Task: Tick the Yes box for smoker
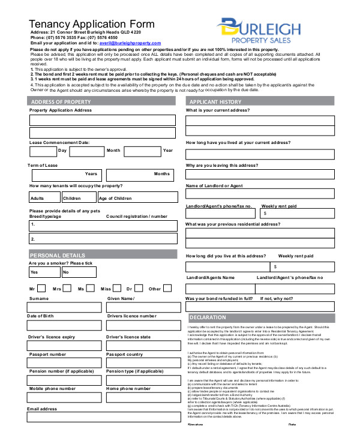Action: point(44,272)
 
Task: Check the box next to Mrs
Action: point(67,289)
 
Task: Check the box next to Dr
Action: point(138,289)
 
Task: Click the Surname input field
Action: point(64,308)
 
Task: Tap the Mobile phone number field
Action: point(64,398)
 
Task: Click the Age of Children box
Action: point(137,197)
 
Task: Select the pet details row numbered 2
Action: point(103,239)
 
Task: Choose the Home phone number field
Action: point(143,398)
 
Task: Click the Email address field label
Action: point(42,409)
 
